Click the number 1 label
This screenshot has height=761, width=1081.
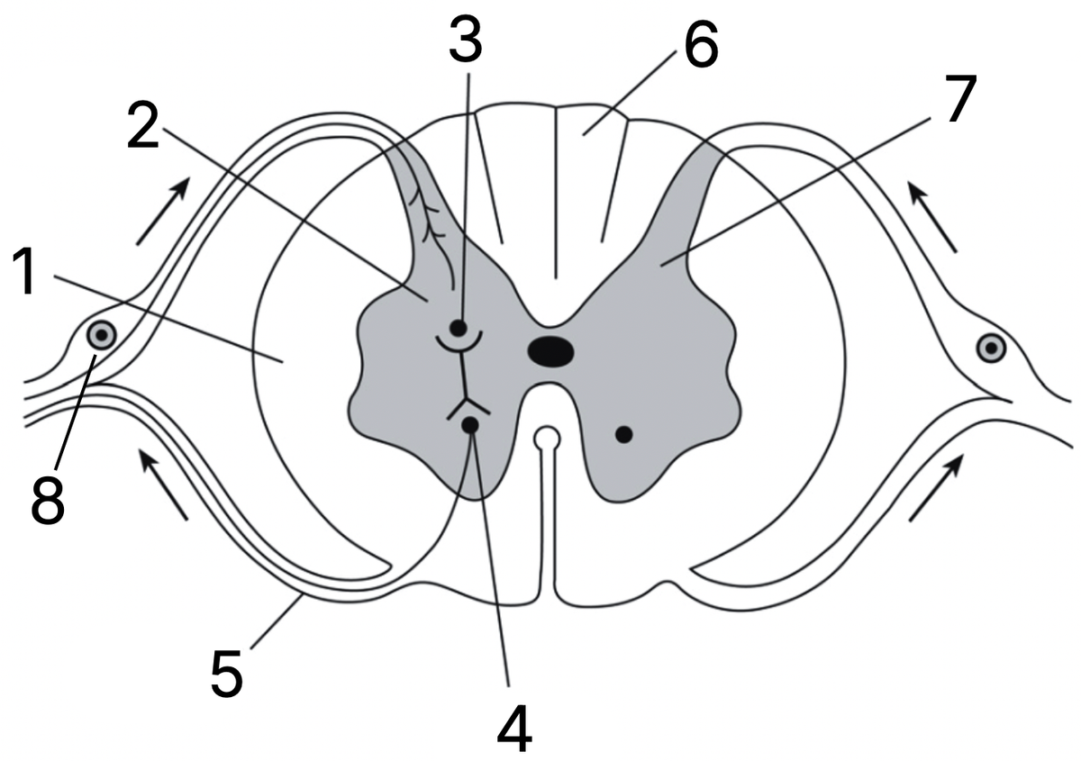24,271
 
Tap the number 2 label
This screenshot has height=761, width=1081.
143,125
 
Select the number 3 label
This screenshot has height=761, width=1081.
467,41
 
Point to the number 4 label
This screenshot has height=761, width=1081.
514,729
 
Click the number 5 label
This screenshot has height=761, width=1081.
227,673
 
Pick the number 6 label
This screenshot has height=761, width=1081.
701,44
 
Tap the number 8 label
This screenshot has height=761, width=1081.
49,500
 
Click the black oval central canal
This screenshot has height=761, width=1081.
551,352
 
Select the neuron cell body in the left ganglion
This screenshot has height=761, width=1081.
101,334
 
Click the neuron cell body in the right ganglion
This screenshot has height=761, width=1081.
991,348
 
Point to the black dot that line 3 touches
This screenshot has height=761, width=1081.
458,328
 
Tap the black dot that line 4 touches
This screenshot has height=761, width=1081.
470,425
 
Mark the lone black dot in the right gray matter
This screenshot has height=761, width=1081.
624,435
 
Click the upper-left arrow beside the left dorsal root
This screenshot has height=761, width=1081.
162,211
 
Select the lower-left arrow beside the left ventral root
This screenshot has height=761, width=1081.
163,484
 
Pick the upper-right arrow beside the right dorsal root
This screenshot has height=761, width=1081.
931,216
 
